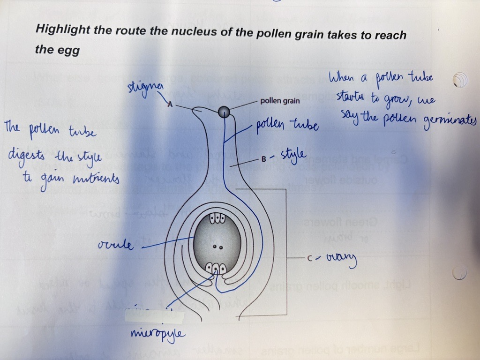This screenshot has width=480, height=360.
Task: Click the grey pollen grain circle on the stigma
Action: pos(224,111)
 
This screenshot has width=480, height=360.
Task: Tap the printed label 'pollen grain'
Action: pos(280,101)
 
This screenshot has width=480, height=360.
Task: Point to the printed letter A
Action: pos(170,106)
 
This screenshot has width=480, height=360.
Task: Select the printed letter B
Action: pos(263,159)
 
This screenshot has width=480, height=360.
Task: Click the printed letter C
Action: pos(309,258)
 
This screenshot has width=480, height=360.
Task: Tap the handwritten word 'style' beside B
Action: pos(294,155)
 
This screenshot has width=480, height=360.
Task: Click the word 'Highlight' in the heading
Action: pos(62,30)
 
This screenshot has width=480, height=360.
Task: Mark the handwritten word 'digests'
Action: pos(29,155)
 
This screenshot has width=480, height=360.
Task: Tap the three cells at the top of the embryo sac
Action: pos(218,219)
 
